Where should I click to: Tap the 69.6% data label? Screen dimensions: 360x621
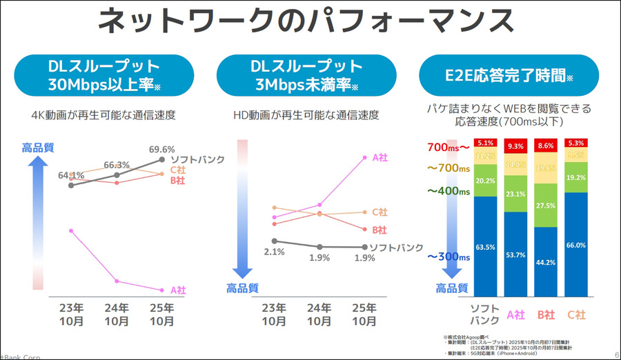pyautogui.click(x=161, y=149)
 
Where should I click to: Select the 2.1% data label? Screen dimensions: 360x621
pyautogui.click(x=274, y=252)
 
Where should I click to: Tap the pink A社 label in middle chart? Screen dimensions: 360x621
pyautogui.click(x=379, y=157)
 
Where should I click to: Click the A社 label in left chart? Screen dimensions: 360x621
pyautogui.click(x=178, y=290)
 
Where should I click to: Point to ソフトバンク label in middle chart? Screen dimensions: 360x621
pyautogui.click(x=395, y=247)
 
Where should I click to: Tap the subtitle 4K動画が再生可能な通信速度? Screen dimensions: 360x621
pyautogui.click(x=103, y=114)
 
